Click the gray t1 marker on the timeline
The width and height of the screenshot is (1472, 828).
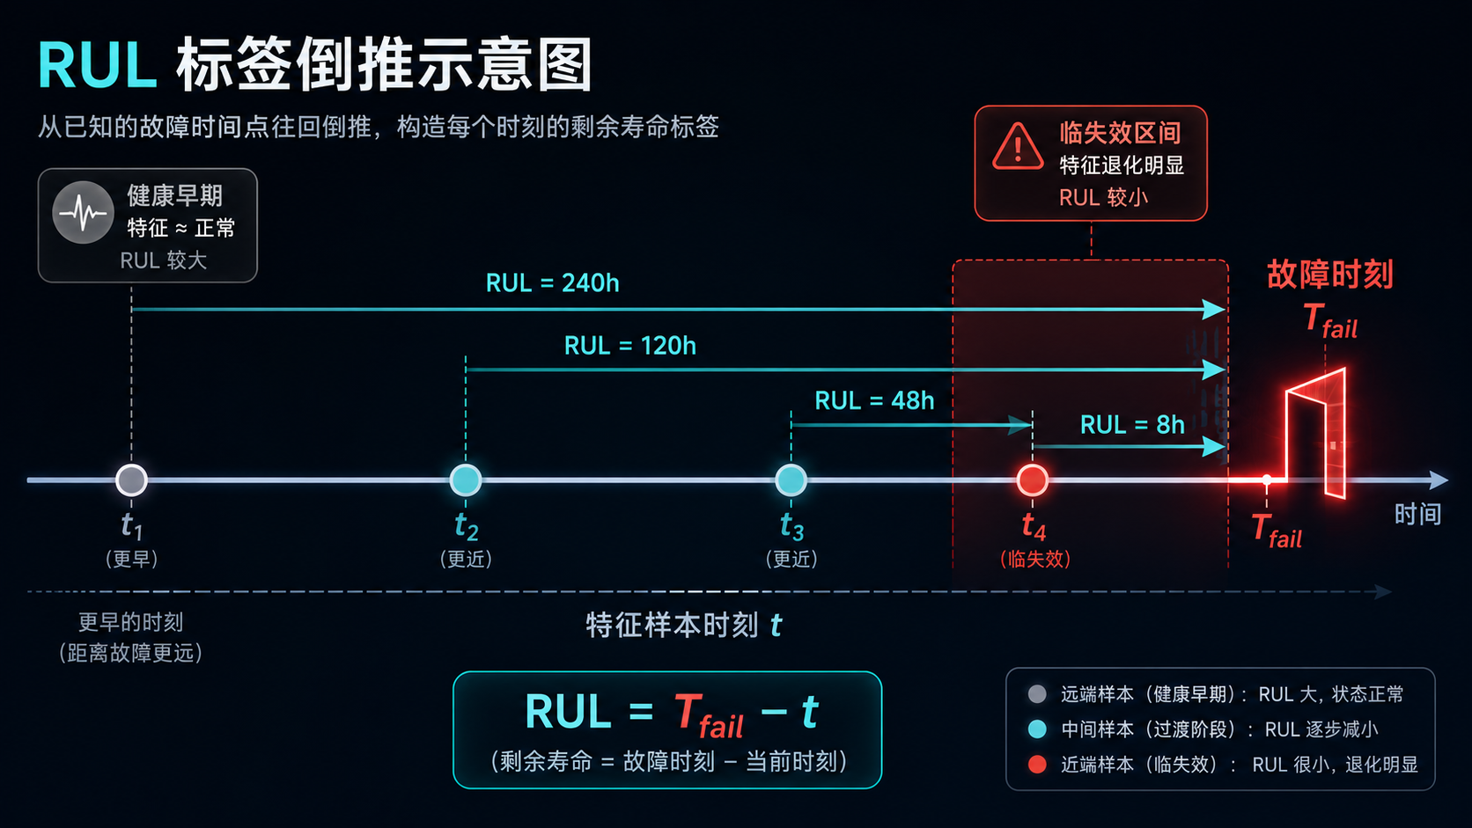[131, 480]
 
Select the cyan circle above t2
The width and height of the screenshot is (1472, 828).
[465, 480]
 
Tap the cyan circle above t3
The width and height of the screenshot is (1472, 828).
[791, 480]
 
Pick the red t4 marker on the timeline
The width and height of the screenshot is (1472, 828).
[1033, 480]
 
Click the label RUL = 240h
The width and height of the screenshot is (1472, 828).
[552, 283]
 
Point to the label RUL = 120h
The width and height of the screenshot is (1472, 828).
[629, 346]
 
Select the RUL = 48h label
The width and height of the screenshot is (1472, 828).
[874, 400]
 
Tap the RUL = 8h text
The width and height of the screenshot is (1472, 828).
[1132, 425]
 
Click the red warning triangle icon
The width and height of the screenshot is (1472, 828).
[1018, 147]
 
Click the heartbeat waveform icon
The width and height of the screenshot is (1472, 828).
[83, 213]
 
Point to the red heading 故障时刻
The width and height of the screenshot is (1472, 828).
[1329, 275]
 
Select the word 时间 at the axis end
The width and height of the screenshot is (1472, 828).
[1417, 514]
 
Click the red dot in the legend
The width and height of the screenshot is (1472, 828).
[1037, 765]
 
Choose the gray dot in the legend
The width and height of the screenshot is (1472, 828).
[1037, 694]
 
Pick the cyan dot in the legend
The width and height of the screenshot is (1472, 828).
[1037, 729]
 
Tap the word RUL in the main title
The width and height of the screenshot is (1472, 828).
[97, 65]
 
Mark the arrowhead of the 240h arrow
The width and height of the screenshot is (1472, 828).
[1214, 309]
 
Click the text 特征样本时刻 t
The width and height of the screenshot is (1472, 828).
[683, 625]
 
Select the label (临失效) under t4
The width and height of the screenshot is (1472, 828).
[1035, 560]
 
